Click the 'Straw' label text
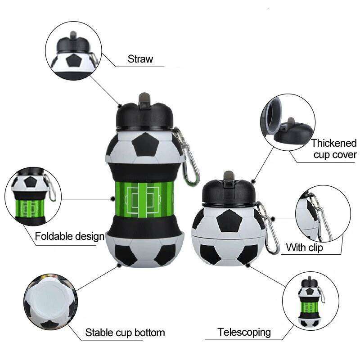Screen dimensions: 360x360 pyautogui.click(x=140, y=59)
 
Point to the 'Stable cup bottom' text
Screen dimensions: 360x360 pyautogui.click(x=125, y=333)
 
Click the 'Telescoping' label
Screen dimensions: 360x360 pyautogui.click(x=244, y=332)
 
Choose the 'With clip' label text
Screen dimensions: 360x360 pyautogui.click(x=304, y=247)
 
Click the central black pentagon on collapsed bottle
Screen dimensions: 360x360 pyautogui.click(x=228, y=221)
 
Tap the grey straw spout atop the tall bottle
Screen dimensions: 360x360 pyautogui.click(x=144, y=96)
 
